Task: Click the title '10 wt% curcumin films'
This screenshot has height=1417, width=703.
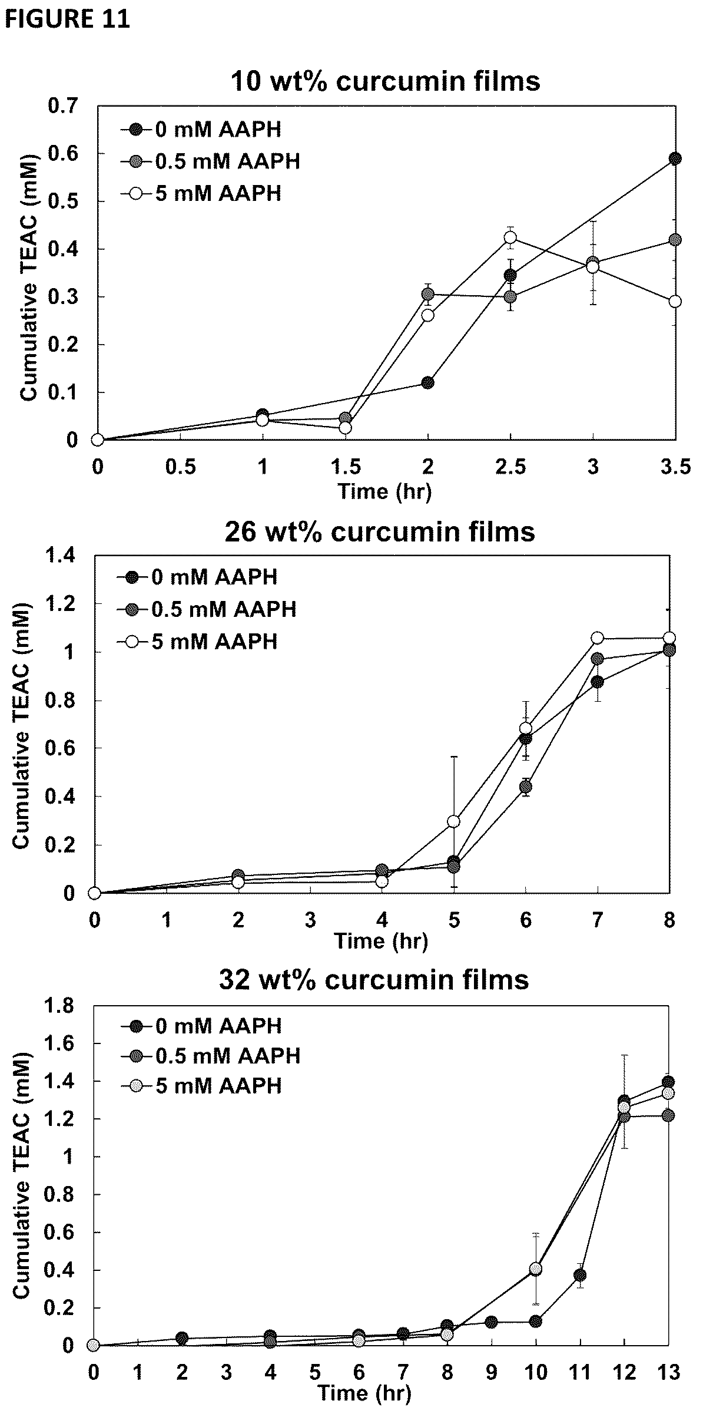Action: pyautogui.click(x=386, y=81)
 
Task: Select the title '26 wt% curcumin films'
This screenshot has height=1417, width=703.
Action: pyautogui.click(x=380, y=531)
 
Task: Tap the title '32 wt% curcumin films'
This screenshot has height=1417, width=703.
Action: pyautogui.click(x=374, y=980)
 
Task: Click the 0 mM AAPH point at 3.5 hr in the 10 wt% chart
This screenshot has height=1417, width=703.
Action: pyautogui.click(x=675, y=158)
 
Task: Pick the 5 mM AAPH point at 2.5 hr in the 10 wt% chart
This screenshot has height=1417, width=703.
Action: pyautogui.click(x=510, y=237)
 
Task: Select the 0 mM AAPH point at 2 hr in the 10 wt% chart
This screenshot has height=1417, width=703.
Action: pyautogui.click(x=428, y=382)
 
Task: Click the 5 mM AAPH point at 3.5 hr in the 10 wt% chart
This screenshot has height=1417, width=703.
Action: pyautogui.click(x=675, y=301)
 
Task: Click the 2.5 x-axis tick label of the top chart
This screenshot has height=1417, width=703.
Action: pyautogui.click(x=510, y=467)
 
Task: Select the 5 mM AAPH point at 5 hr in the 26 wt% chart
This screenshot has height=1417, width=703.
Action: pyautogui.click(x=453, y=821)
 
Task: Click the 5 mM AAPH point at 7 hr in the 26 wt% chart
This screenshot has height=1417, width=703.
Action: pyautogui.click(x=598, y=638)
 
